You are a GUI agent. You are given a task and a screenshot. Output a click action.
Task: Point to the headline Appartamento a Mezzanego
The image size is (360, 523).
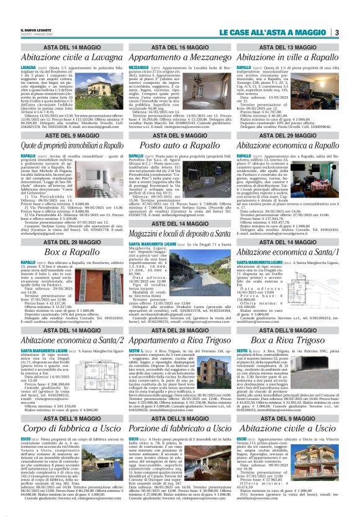tap(178, 57)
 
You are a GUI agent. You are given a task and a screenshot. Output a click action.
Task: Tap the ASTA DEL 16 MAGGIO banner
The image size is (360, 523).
tap(178, 47)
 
